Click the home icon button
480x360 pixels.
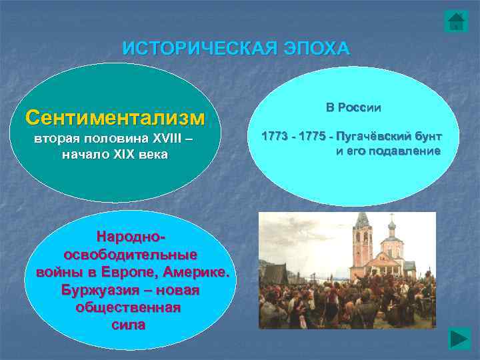pyautogui.click(x=456, y=21)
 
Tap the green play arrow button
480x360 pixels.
pyautogui.click(x=459, y=338)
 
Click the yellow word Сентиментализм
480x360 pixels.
pyautogui.click(x=115, y=117)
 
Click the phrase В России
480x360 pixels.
pyautogui.click(x=353, y=107)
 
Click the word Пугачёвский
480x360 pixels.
pyautogui.click(x=374, y=137)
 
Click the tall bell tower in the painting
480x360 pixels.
pyautogui.click(x=363, y=241)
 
